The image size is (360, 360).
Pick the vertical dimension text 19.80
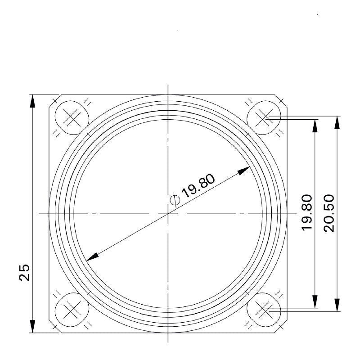[307, 213]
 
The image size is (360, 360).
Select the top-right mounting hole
[264, 118]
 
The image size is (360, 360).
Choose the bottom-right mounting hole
[264, 309]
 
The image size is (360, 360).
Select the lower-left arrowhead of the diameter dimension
[92, 256]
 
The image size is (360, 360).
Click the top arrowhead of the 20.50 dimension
[336, 122]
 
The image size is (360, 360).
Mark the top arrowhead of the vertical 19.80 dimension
[315, 126]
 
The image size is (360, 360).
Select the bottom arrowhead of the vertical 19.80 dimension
[315, 302]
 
